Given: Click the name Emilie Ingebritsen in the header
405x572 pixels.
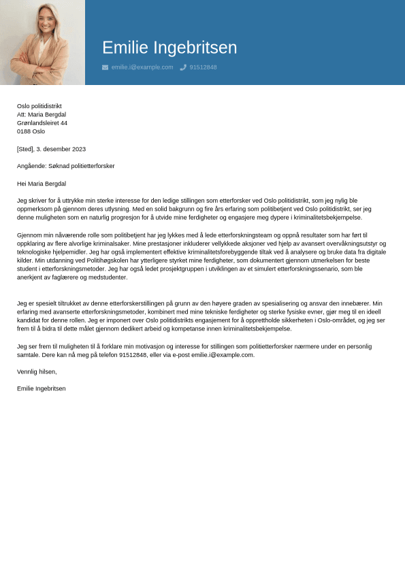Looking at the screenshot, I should coord(169,48).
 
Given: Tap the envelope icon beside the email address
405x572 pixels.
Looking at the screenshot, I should coord(105,67).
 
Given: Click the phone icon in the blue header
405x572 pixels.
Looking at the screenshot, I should coord(183,67).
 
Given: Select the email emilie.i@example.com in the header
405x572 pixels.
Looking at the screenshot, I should coord(142,67).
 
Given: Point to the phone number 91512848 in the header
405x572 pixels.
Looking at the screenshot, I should coord(203,67).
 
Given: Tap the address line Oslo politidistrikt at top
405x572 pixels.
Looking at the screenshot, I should coord(39,106).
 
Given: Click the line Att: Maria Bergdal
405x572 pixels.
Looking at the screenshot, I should coord(42,114).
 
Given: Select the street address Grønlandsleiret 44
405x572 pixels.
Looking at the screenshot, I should coord(42,123).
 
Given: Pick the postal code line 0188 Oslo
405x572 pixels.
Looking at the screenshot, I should coord(31,131).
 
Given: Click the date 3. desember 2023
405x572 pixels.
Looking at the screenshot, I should coord(61,149).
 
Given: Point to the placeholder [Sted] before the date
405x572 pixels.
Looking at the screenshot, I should coord(25,149).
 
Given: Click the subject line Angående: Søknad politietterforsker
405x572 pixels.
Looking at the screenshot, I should coord(66,166).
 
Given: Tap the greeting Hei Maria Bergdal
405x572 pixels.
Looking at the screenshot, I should coord(42,184).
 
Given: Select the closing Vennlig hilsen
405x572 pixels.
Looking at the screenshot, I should coord(37,371).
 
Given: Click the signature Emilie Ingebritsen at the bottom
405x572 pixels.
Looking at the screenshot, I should coord(42,388).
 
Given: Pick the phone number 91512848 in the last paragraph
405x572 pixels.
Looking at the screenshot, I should coord(133,354).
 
